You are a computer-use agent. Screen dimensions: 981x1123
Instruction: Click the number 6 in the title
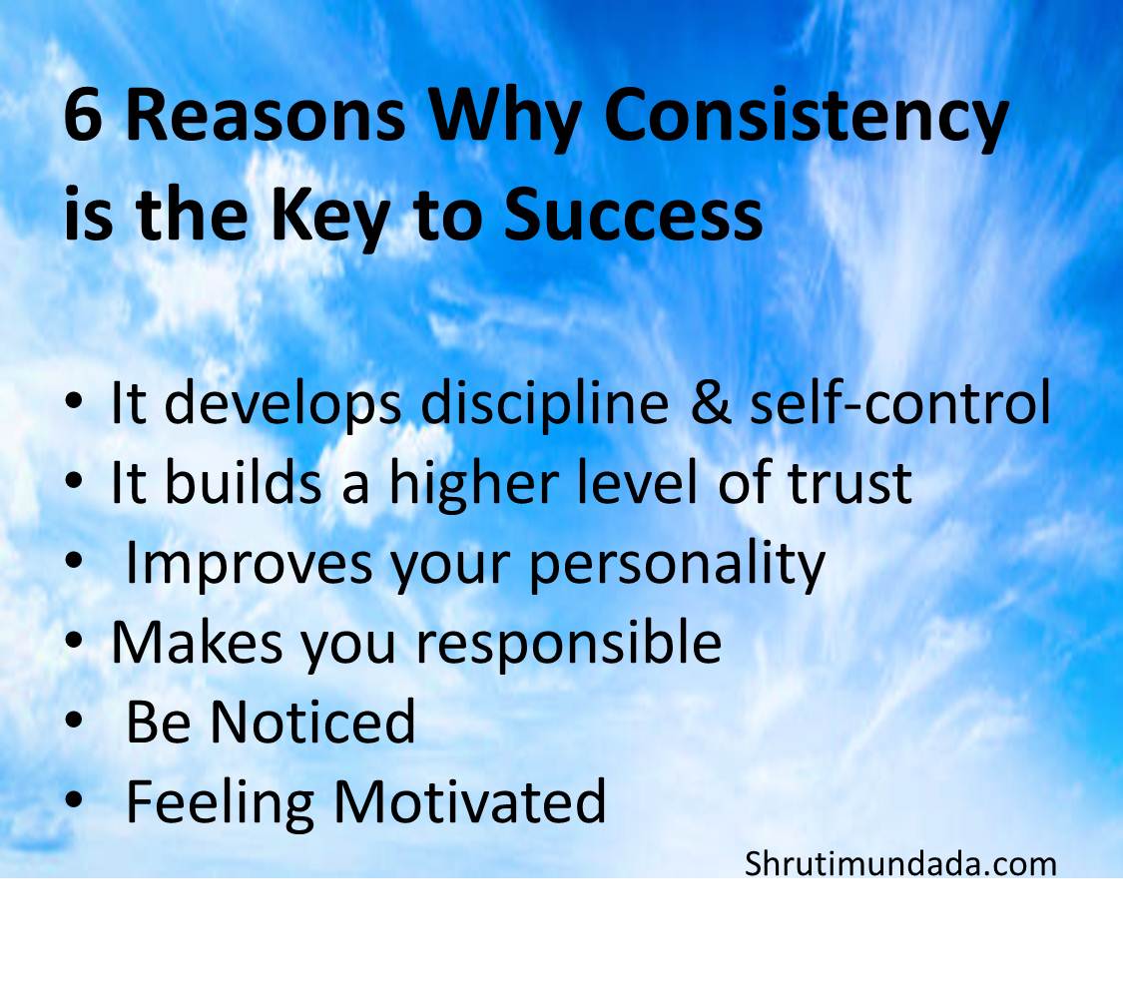(85, 117)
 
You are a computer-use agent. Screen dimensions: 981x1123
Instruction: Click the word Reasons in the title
(266, 117)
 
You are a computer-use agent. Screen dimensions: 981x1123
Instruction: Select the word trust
(848, 483)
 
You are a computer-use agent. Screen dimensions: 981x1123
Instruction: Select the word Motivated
(469, 801)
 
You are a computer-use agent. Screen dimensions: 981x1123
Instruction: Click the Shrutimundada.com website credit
(899, 863)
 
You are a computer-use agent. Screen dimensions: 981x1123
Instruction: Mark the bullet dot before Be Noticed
(75, 723)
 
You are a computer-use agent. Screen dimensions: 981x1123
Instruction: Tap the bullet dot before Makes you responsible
(75, 644)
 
